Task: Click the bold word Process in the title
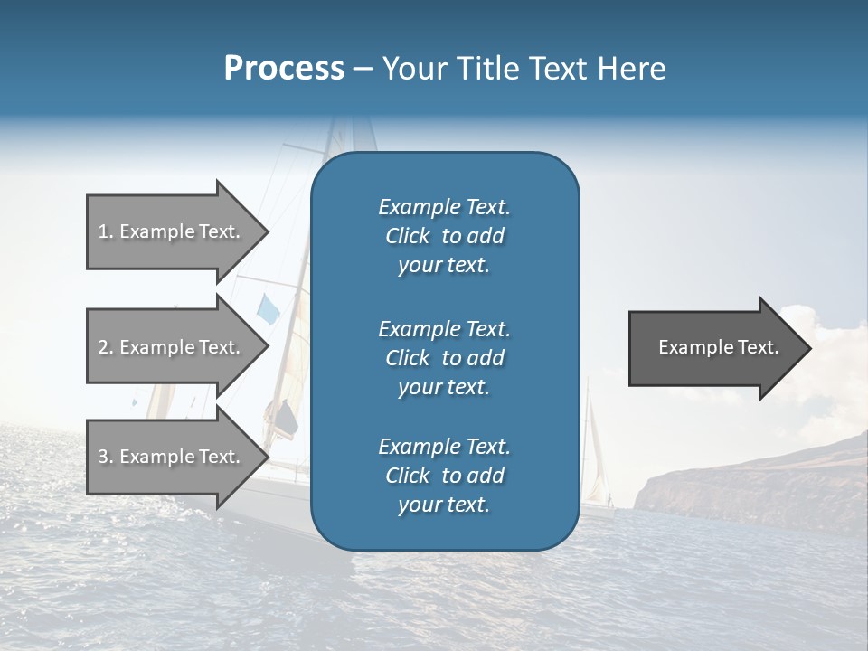(x=284, y=68)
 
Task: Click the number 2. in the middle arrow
(x=106, y=347)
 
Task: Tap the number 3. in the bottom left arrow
(x=106, y=457)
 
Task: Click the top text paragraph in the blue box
(x=444, y=235)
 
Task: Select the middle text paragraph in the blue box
(x=444, y=357)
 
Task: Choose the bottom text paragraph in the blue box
(x=444, y=476)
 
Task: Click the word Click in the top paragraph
(x=407, y=236)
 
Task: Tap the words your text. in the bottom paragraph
(x=444, y=505)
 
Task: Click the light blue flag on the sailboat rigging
(x=269, y=308)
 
